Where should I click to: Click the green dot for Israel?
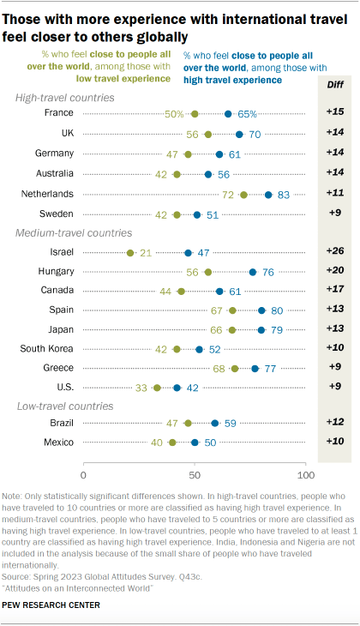point(130,253)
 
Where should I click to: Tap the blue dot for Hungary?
point(253,272)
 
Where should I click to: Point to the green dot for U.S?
point(157,388)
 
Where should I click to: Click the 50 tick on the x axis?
point(195,474)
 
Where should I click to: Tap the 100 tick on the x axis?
point(304,474)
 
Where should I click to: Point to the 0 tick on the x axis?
point(84,474)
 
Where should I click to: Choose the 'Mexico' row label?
point(56,442)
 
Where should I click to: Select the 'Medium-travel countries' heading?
point(75,232)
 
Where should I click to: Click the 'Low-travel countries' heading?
point(66,404)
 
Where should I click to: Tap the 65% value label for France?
point(248,113)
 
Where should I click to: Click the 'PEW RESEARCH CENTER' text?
point(51,605)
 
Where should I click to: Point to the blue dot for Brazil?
point(214,423)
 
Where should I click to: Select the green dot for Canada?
point(181,292)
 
